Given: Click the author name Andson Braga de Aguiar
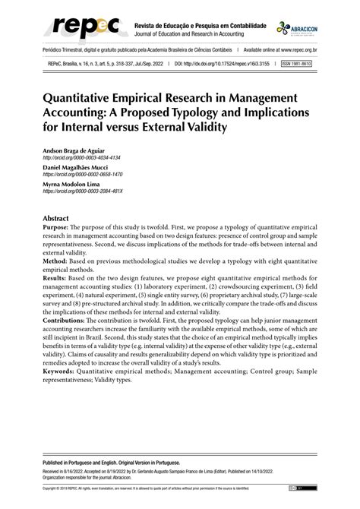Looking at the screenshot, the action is coord(86,151).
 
